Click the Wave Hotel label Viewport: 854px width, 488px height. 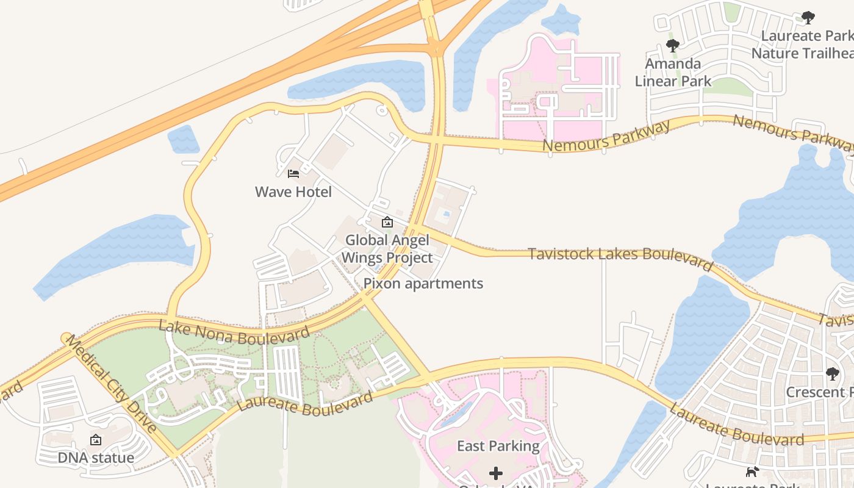293,192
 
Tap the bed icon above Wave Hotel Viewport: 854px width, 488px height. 293,174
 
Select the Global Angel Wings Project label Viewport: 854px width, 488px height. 387,249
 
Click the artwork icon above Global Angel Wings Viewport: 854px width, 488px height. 387,222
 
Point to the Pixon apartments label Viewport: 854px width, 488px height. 423,284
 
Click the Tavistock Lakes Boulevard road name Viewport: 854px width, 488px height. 620,257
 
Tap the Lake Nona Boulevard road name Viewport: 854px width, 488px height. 234,332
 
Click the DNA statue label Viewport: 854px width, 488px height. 96,457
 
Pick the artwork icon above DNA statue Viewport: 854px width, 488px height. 96,440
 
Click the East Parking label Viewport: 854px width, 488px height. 498,447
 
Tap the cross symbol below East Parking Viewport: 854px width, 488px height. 496,473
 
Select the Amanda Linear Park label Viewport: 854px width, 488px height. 673,72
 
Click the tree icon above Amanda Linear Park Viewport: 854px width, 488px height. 673,46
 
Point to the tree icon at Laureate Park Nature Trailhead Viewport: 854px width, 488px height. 808,18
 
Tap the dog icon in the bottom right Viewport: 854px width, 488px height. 752,472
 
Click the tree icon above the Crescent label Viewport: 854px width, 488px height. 832,374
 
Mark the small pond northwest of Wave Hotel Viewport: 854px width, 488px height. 183,139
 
